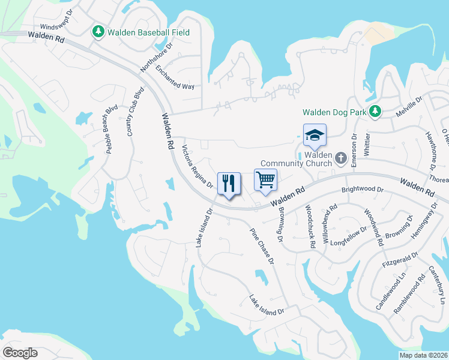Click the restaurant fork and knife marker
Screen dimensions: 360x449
point(228,183)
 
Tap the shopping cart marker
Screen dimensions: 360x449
point(265,179)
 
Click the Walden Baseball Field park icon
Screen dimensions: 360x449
point(98,32)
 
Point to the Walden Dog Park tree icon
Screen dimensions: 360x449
point(375,112)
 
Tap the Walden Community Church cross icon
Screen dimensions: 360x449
point(341,158)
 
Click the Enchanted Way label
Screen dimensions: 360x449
point(175,78)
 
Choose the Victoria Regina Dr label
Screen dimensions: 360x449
point(197,166)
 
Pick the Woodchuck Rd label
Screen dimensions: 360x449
point(309,227)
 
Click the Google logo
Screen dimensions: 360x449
point(20,353)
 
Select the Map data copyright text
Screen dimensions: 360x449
point(423,355)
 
